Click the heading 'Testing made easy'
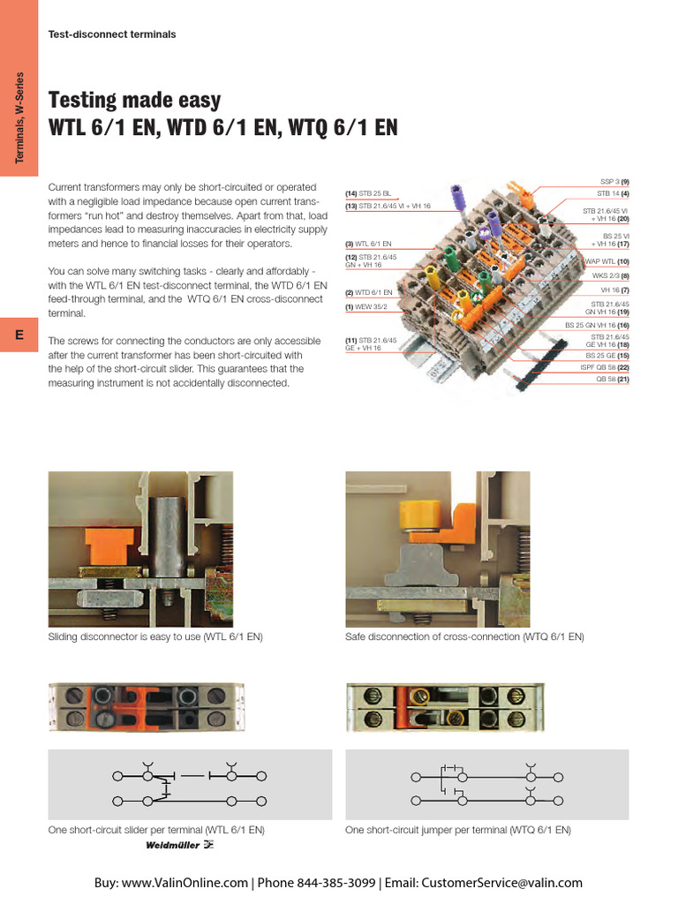(134, 100)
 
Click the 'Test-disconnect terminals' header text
(112, 34)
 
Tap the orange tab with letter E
(19, 335)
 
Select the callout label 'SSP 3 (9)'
(614, 182)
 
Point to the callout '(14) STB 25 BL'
(368, 192)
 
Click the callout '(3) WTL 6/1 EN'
(368, 243)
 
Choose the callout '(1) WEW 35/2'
(367, 307)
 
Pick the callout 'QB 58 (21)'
(612, 379)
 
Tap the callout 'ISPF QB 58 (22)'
(605, 367)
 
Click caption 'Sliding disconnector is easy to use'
(155, 637)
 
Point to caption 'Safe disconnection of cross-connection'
(464, 637)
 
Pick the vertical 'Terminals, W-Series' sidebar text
(19, 117)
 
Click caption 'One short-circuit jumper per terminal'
(458, 830)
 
